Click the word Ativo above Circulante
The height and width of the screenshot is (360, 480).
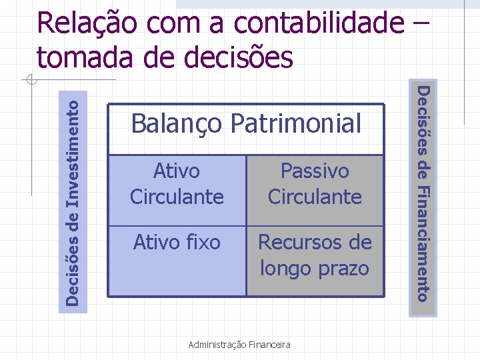tap(176, 171)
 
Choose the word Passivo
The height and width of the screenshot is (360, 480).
tap(315, 171)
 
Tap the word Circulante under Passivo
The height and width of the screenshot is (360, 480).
tap(315, 197)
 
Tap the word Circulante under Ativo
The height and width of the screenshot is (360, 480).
tap(176, 197)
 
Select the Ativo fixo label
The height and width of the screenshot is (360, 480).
tap(177, 242)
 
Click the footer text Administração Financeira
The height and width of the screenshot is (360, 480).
tap(239, 345)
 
